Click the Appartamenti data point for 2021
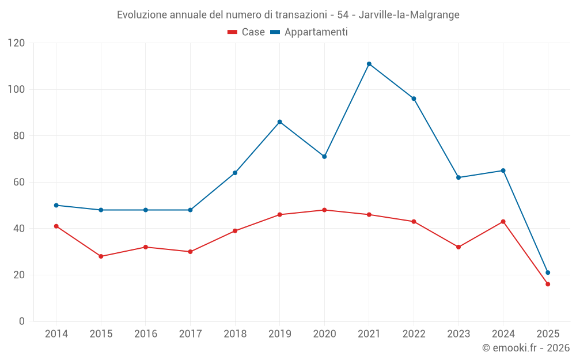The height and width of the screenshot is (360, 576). tap(369, 64)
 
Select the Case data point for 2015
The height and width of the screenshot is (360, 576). tap(101, 256)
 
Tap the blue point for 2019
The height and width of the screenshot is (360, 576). tap(280, 122)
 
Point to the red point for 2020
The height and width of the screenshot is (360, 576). tap(324, 210)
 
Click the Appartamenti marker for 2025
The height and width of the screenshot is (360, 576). tap(548, 272)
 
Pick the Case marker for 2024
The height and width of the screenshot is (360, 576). tap(503, 222)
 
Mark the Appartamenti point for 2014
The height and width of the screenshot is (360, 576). tap(56, 205)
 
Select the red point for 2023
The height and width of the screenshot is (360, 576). tap(458, 247)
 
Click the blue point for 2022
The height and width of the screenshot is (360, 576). tap(414, 98)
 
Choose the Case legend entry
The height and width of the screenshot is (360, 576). tap(247, 32)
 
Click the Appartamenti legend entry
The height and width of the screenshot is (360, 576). tap(309, 32)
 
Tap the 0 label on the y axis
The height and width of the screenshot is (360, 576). tap(22, 321)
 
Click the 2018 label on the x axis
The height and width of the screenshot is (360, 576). tap(235, 334)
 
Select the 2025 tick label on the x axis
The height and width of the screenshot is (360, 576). tap(548, 334)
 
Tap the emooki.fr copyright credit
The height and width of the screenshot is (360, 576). tap(526, 348)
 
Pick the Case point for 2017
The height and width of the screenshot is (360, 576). tap(190, 252)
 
